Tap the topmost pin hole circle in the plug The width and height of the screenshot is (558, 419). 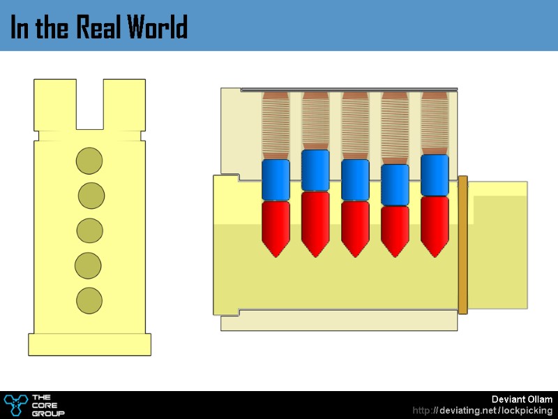pos(89,161)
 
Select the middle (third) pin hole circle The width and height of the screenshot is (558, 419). pos(90,230)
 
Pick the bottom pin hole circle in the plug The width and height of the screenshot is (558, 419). pos(89,300)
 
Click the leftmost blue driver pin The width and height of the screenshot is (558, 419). pos(276,179)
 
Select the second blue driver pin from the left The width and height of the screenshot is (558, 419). pos(315,170)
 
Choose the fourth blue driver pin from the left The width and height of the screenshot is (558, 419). pos(395,184)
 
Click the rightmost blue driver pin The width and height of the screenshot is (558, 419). pos(435,175)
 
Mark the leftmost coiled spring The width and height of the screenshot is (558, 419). pos(276,126)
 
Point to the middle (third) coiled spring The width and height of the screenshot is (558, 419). pos(355,126)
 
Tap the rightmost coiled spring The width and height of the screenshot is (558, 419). pos(435,123)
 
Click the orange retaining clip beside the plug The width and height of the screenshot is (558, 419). pos(462,244)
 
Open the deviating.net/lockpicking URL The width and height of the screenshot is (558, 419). pos(483,411)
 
